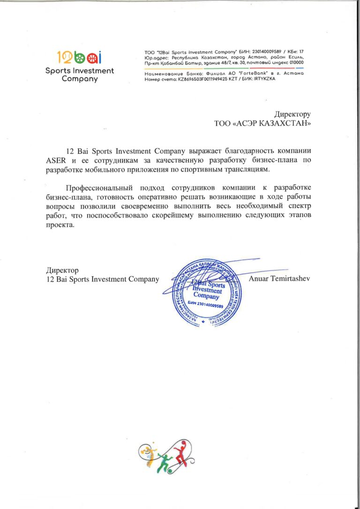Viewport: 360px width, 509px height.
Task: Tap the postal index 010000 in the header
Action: (293, 63)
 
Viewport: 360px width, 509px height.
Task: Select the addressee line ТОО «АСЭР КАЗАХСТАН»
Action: (262, 124)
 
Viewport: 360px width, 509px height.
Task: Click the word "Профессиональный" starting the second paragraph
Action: (95, 187)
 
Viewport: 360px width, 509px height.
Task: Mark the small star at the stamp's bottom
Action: (203, 322)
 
